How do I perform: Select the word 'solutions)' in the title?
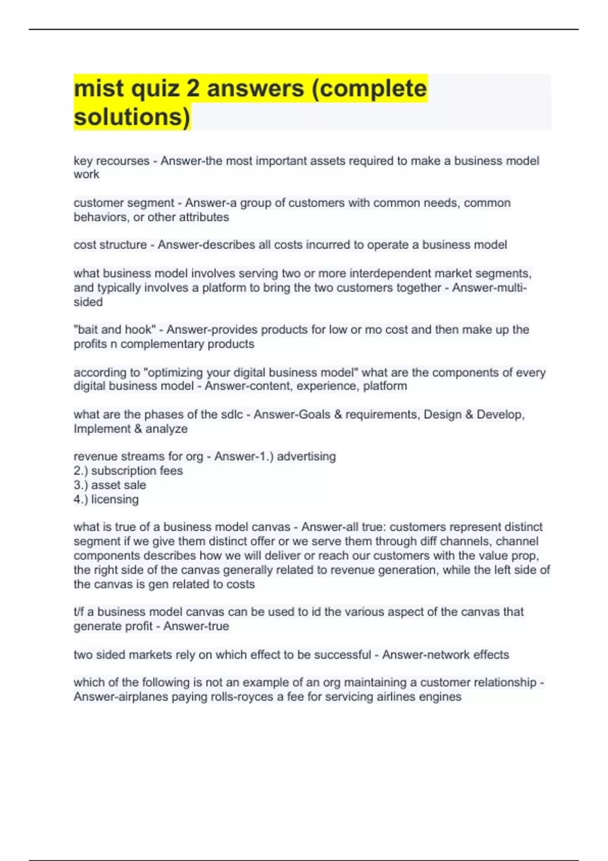tap(132, 117)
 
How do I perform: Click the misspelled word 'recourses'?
tap(123, 161)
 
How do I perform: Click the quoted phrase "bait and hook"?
tap(115, 330)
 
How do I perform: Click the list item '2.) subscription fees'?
tap(128, 471)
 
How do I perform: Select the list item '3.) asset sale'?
tap(110, 485)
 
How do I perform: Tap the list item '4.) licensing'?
tap(106, 499)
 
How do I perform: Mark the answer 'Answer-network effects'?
tap(445, 655)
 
